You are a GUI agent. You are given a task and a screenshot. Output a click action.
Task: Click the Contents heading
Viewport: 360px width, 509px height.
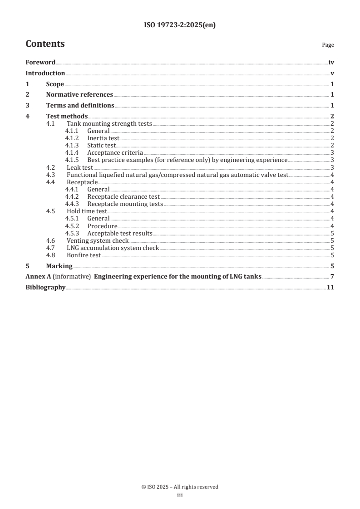pos(45,44)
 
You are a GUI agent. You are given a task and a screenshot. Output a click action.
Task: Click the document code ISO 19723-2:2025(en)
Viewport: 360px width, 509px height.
pos(180,25)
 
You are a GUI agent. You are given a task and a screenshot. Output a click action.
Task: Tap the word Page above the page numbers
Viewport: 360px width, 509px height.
pos(328,45)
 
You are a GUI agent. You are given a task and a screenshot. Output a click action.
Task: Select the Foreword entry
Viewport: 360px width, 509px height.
pos(40,63)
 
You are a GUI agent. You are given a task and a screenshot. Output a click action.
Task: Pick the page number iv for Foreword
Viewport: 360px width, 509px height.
pos(331,63)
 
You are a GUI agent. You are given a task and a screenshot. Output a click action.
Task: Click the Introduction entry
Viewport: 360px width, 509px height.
pos(45,73)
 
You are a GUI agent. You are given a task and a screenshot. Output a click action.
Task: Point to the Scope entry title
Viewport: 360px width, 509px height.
pos(55,84)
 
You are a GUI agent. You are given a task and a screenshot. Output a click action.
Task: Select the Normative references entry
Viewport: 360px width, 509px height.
pos(79,95)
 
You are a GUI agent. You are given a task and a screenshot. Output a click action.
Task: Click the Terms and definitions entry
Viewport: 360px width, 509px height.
pos(80,106)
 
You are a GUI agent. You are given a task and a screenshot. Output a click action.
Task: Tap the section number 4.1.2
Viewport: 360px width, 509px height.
pos(72,138)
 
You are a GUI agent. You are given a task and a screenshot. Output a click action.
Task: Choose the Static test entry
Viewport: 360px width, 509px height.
pos(101,145)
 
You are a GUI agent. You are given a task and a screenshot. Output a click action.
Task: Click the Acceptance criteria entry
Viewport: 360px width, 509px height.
pos(115,152)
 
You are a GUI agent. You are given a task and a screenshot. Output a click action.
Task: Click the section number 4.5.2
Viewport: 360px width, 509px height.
pos(72,226)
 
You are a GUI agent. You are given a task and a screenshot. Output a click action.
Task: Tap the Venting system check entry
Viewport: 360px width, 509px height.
pos(98,240)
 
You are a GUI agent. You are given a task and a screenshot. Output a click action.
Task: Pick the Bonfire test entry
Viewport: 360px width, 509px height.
pos(84,255)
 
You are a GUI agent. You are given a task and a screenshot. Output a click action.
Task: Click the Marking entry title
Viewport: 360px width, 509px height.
pos(59,266)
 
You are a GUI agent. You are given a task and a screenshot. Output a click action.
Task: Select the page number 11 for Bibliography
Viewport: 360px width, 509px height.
pos(330,288)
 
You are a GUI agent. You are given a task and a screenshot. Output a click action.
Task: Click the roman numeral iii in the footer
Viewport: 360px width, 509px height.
pos(180,495)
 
